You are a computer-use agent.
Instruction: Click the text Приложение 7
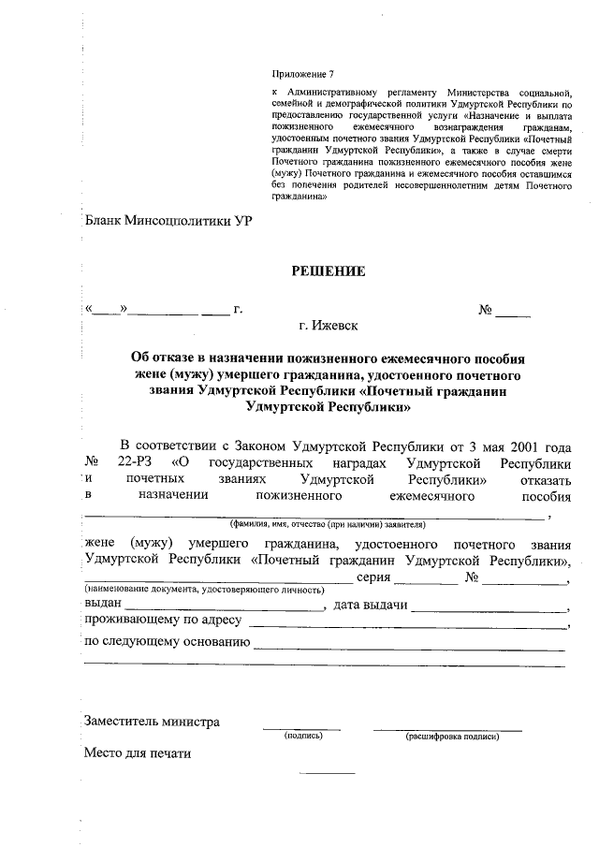coord(301,73)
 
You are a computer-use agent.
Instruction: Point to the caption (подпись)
coord(303,737)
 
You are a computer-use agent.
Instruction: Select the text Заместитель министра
coord(152,722)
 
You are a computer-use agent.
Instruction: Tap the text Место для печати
coord(137,752)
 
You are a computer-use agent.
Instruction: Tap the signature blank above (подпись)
coord(301,726)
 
